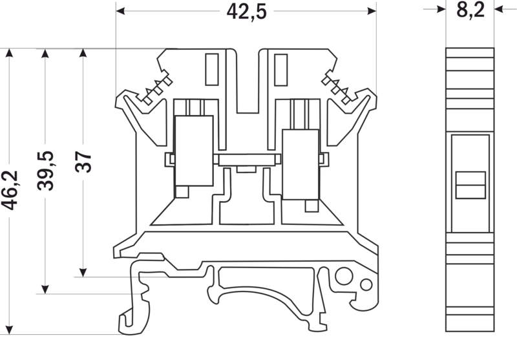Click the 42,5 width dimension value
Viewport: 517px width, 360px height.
coord(246,12)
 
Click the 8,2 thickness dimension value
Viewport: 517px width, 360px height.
coord(470,10)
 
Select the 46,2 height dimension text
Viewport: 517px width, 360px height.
coord(10,190)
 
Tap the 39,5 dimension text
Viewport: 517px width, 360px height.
coord(45,171)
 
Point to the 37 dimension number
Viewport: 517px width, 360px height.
coord(83,162)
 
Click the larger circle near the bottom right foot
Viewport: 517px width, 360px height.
coord(344,276)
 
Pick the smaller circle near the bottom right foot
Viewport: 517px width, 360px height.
coord(366,284)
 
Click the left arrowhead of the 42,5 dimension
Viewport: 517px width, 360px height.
coord(120,11)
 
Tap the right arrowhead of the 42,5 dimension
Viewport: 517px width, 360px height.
coord(372,11)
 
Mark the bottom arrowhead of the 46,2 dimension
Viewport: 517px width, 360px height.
coord(9,330)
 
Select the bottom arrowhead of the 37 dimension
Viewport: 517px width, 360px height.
coord(83,272)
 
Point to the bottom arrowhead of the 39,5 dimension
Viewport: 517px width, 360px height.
coord(45,289)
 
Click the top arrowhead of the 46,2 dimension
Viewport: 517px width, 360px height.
coord(9,53)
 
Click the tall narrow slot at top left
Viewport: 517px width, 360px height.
coord(212,70)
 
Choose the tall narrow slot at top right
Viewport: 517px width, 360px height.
coord(281,70)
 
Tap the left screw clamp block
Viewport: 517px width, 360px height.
coord(194,151)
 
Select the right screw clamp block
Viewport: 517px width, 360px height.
coord(301,165)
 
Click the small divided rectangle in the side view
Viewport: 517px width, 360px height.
coord(470,185)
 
